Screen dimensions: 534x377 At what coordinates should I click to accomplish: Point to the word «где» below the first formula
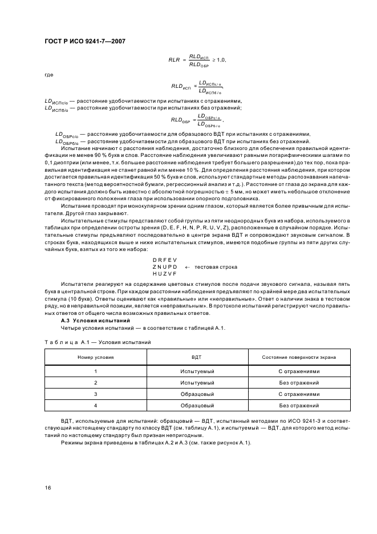click(48, 74)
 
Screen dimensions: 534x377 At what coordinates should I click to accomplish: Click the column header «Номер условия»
click(96, 357)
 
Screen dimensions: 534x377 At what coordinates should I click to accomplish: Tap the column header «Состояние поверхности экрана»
click(298, 357)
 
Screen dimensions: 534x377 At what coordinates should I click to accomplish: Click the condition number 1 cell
click(96, 371)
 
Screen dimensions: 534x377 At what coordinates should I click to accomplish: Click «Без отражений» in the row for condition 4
click(298, 405)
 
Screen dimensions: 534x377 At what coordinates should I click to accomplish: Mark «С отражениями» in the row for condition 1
click(298, 371)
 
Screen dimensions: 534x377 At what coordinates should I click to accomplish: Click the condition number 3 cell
click(96, 394)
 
